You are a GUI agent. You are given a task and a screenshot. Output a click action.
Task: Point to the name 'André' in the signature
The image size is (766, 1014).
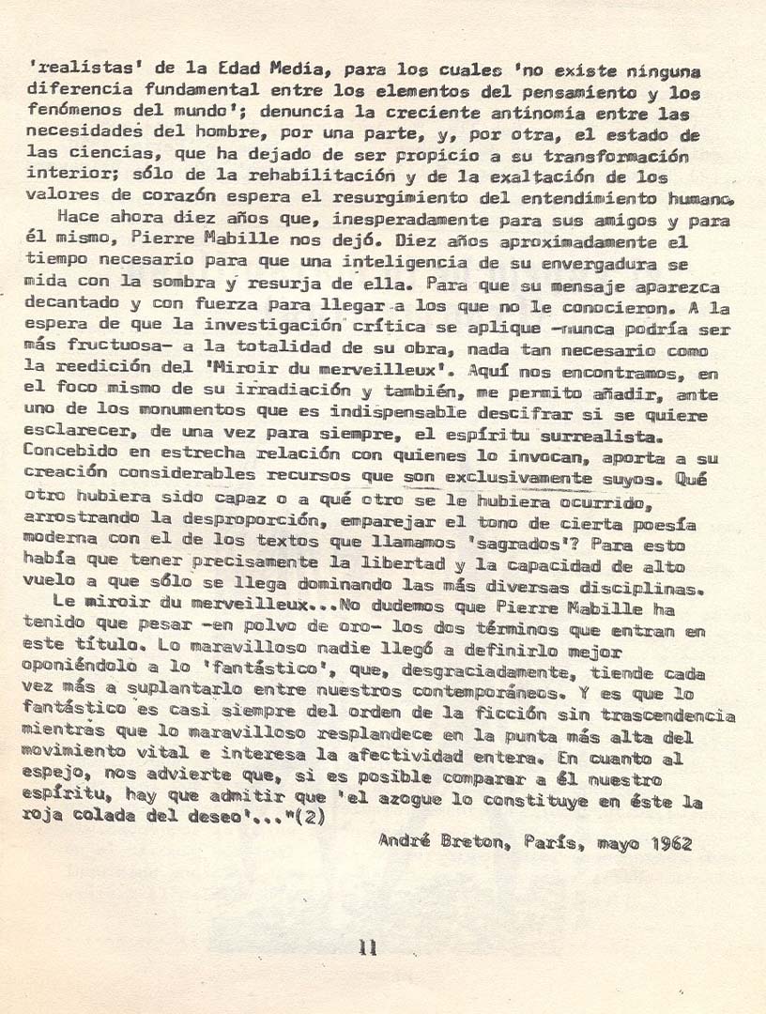(x=403, y=843)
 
